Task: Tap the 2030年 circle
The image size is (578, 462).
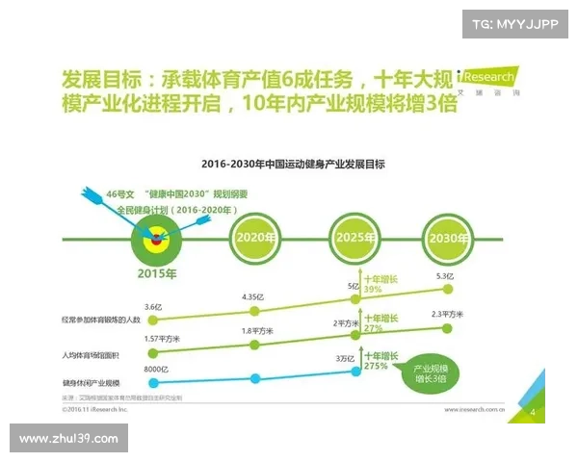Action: (x=450, y=238)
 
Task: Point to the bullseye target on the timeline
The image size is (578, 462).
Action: (x=156, y=238)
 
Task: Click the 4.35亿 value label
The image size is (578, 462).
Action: (x=252, y=296)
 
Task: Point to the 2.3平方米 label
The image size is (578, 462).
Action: (x=448, y=314)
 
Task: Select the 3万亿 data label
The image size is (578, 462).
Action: (x=343, y=360)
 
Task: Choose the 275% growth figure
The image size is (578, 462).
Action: (x=377, y=366)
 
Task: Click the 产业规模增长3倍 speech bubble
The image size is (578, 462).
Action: (x=430, y=373)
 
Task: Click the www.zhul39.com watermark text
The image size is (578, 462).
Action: (x=68, y=439)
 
